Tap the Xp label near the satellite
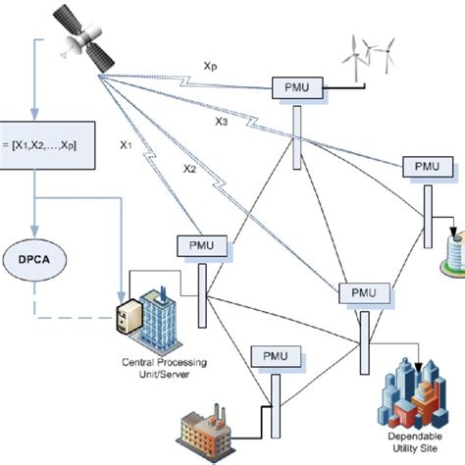211,67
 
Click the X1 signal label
127,145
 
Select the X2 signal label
189,169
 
